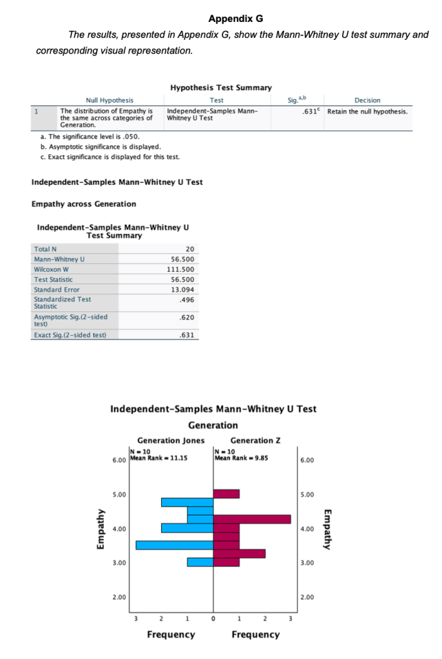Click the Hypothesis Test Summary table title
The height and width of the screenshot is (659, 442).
click(x=221, y=88)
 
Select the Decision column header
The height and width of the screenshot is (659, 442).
click(x=367, y=100)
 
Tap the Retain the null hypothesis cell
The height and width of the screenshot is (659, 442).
click(x=367, y=111)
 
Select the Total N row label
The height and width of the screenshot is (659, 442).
click(x=45, y=249)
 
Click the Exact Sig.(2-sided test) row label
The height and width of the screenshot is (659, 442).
click(x=70, y=335)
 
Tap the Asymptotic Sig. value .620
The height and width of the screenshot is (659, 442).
click(x=189, y=318)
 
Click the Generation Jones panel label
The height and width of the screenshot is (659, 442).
click(x=171, y=441)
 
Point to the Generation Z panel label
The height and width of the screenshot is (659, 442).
click(x=256, y=441)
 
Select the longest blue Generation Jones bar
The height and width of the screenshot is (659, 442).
click(x=174, y=545)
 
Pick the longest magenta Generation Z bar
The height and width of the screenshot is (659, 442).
click(x=252, y=519)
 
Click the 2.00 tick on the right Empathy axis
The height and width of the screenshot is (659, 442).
click(x=307, y=597)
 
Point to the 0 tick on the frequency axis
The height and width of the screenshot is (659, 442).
click(x=213, y=620)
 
